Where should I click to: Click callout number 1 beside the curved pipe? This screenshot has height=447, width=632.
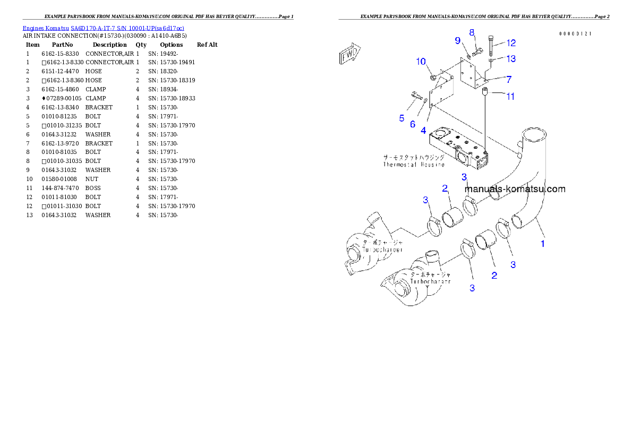pos(543,244)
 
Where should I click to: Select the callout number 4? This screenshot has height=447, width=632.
pos(423,130)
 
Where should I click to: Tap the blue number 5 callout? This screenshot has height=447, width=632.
pos(402,118)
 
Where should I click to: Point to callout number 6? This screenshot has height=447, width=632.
pos(413,124)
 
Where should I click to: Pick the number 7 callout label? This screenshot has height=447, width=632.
pos(508,80)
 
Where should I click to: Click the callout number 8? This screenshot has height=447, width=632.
pos(472,33)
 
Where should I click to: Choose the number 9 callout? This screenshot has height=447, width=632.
pos(457,40)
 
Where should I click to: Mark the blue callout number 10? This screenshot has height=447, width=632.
pos(421,62)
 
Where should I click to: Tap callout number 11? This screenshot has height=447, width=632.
pos(510,97)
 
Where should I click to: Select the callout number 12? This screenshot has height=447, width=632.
pos(510,43)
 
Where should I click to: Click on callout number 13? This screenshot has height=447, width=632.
pos(510,58)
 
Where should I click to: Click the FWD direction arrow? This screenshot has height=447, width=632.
pos(350,54)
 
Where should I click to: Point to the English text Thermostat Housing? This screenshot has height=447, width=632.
pos(414,165)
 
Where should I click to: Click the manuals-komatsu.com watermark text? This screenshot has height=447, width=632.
pos(515,189)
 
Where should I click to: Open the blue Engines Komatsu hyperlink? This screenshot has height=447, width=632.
pos(103,28)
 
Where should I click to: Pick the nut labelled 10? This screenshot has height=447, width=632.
pos(433,79)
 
